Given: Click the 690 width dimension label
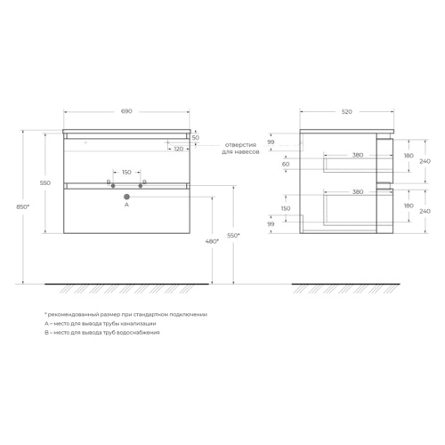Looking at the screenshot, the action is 126,111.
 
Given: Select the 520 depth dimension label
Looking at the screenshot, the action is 347,112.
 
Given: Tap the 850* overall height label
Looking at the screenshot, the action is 23,207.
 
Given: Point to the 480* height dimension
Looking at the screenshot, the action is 212,241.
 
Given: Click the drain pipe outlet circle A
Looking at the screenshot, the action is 127,197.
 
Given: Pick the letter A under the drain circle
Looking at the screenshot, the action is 126,205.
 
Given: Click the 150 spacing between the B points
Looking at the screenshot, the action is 126,173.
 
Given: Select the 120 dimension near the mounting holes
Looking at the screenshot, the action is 179,149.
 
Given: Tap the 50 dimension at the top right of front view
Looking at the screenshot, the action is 196,138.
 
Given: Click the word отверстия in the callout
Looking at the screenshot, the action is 240,145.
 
